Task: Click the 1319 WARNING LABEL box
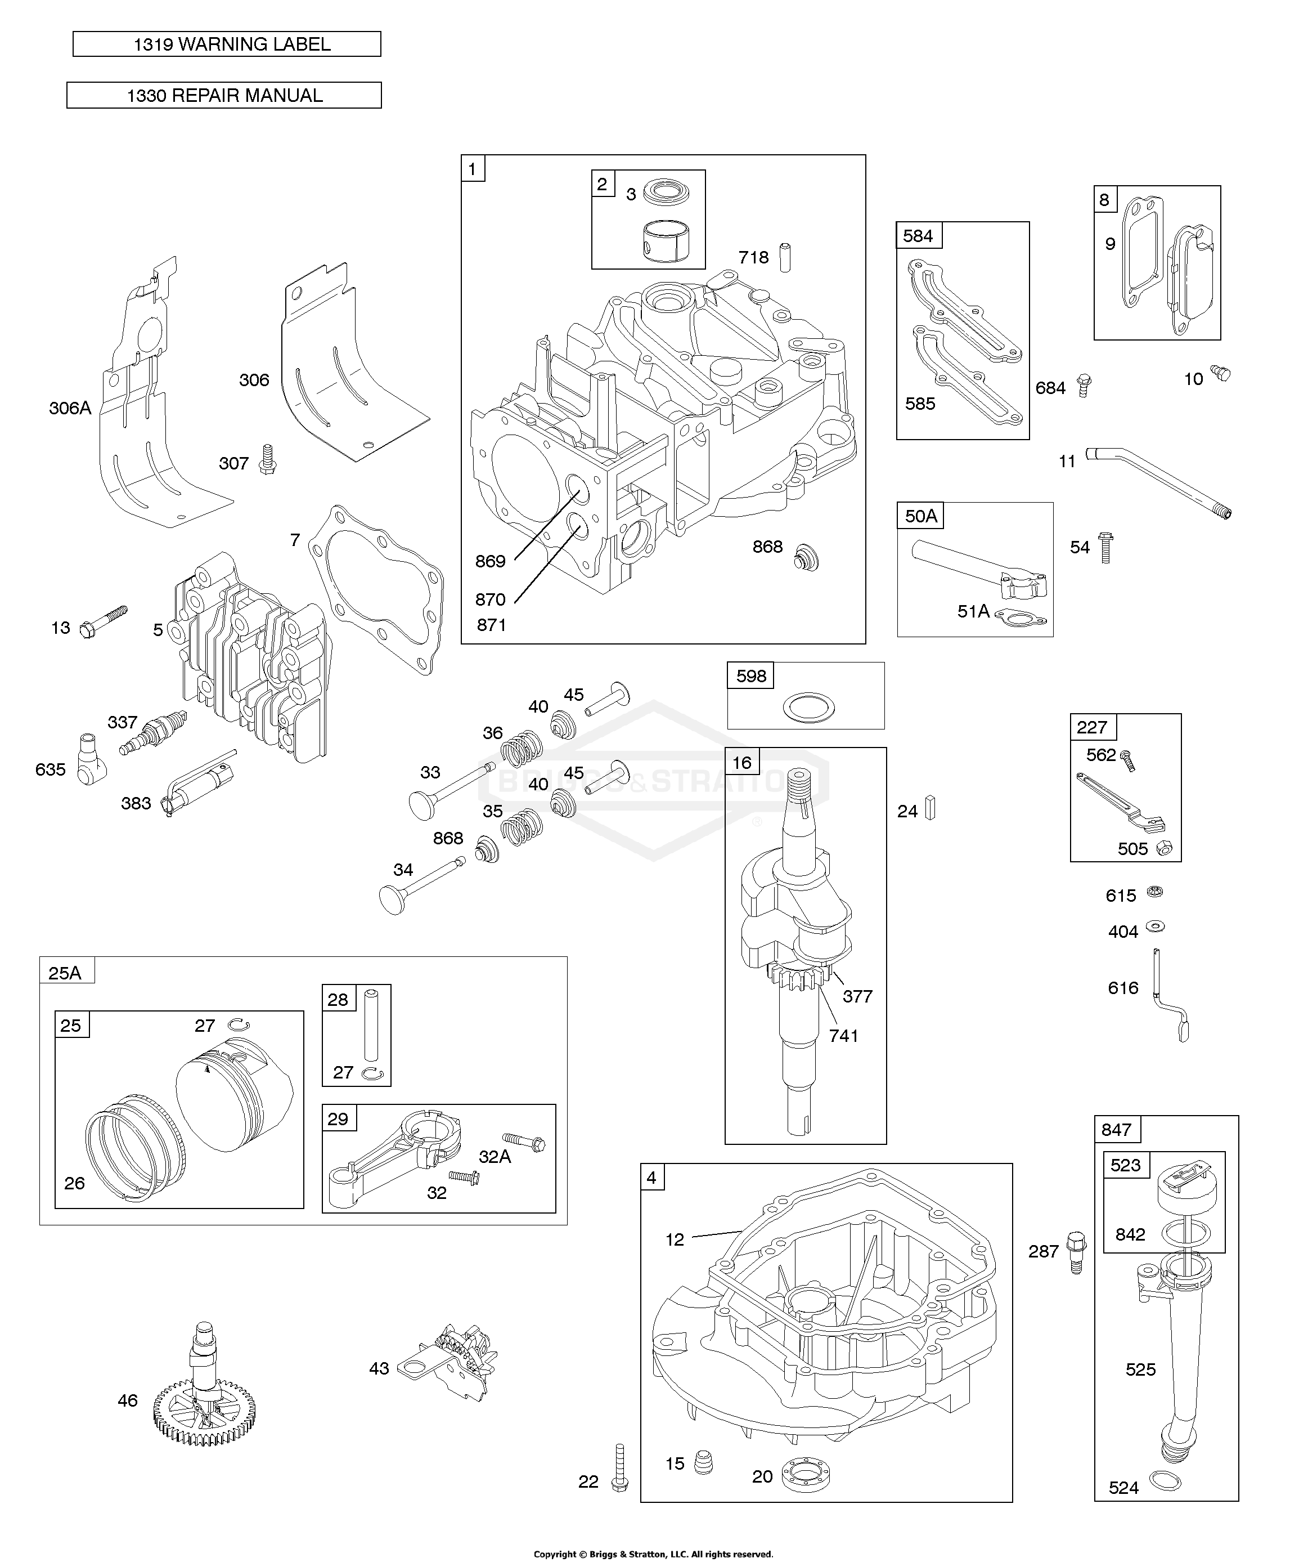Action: [x=227, y=44]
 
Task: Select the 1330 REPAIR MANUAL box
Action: [x=224, y=95]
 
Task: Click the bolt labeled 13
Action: [x=104, y=623]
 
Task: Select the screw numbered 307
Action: [x=267, y=460]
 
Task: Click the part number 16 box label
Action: [x=741, y=762]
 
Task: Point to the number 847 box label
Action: [x=1116, y=1130]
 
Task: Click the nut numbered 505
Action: [x=1165, y=847]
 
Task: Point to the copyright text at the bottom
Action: [x=654, y=1554]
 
